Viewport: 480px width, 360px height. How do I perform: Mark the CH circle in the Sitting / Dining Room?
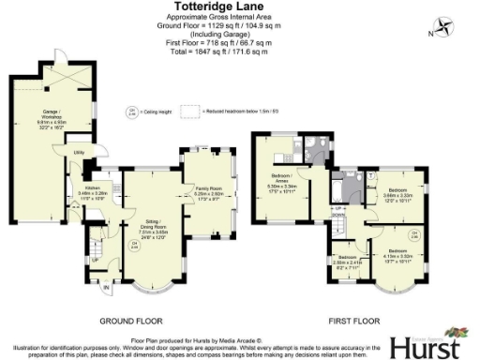pyautogui.click(x=134, y=247)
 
